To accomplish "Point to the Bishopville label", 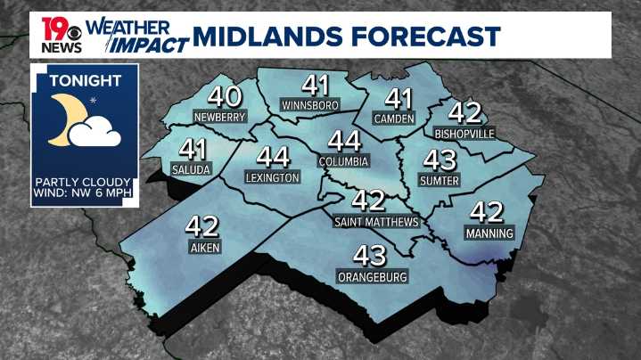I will coord(464,134).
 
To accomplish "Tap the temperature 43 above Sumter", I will coord(439,161).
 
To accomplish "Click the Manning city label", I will coord(489,233).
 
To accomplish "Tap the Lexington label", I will coord(272,178).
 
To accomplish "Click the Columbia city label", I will coord(343,161).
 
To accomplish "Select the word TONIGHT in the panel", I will coord(85,81).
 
